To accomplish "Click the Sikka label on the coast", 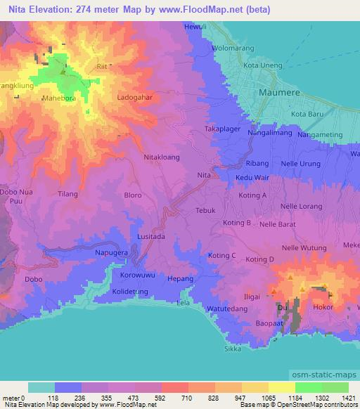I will point(232,348).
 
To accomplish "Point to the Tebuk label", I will point(205,210).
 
